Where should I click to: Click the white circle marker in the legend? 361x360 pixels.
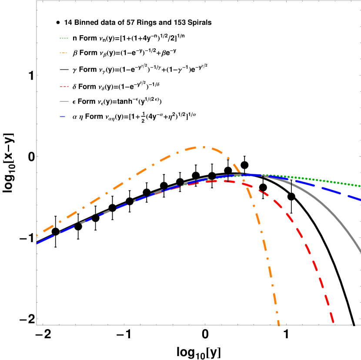[58, 23]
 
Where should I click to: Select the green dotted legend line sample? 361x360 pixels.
[64, 38]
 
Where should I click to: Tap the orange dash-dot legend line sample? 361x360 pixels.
[64, 53]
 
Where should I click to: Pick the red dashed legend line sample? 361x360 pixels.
[64, 87]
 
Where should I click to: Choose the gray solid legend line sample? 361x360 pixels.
[64, 101]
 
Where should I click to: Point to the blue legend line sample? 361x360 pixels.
[63, 117]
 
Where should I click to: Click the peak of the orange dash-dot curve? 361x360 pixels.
[202, 147]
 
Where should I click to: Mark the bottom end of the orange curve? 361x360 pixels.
[279, 324]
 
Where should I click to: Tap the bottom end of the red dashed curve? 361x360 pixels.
[333, 322]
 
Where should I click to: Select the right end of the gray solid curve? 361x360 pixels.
[361, 252]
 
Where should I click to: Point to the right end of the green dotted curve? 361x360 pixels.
[360, 186]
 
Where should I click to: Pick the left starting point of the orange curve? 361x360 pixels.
[37, 235]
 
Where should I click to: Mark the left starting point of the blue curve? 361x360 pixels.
[37, 243]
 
